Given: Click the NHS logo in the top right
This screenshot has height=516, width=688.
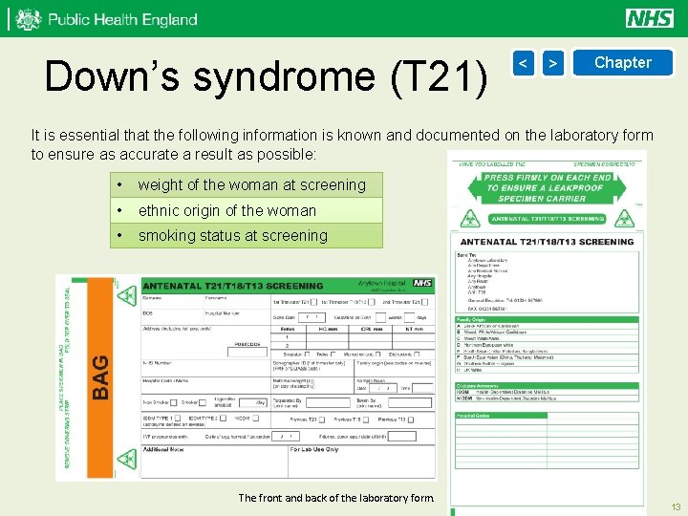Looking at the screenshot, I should coord(650,18).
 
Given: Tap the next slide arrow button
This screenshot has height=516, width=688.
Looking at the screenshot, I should coord(552,63).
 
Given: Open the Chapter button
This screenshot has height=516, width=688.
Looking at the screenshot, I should coord(622,63).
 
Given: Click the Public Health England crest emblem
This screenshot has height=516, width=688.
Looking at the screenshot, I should coord(29,19).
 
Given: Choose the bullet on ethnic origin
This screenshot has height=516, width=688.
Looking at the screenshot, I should coord(226,210).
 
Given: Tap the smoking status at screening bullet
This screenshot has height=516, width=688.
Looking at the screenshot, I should coord(232,235).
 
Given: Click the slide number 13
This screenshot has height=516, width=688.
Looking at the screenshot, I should coord(675,506).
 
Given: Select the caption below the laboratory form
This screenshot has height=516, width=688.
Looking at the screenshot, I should coord(335,497).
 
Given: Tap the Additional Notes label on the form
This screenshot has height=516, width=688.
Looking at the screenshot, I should coord(165,448).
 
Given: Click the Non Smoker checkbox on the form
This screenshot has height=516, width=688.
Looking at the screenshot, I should coord(172,402).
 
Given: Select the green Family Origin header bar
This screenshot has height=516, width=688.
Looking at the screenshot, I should coord(546,319).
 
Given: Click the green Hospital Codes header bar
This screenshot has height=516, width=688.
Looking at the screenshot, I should coord(546,416).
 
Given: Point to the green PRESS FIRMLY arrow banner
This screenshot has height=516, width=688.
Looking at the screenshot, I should coord(548,183).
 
